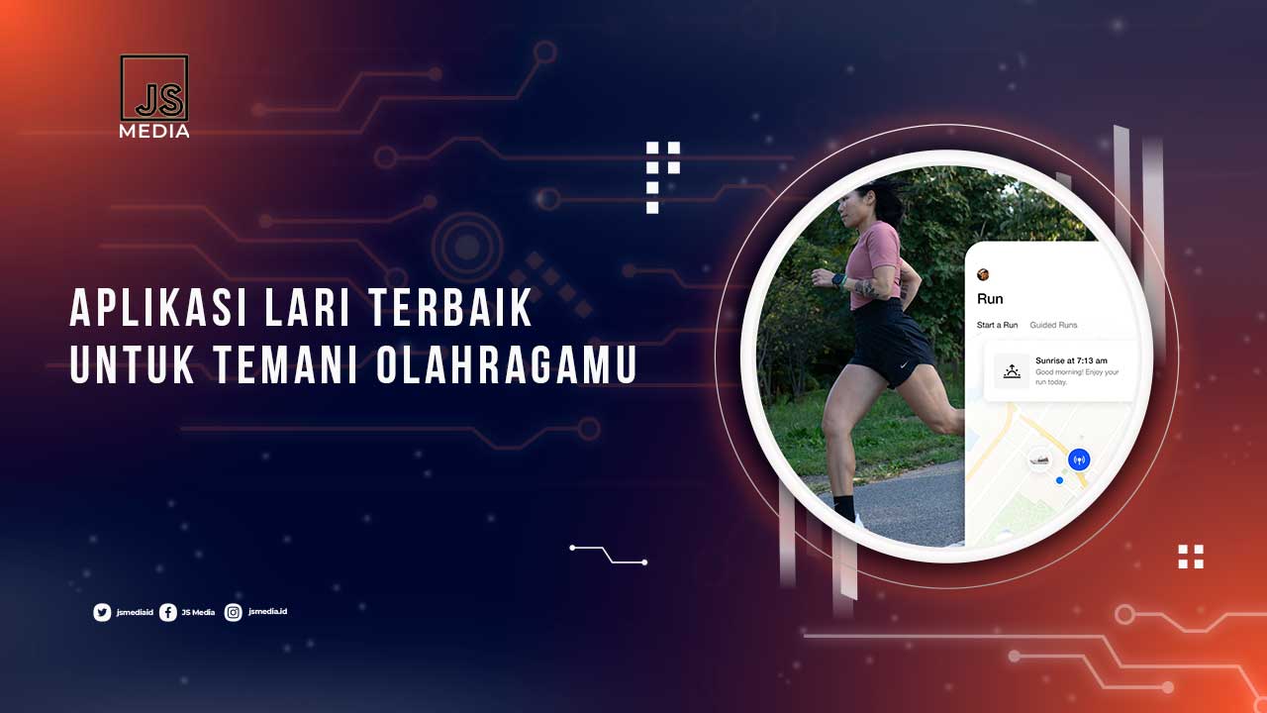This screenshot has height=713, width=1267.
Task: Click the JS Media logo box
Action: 154,88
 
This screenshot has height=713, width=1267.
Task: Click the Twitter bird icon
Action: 102,613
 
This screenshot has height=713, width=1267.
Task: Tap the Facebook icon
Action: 168,613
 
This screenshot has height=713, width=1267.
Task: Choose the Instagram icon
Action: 234,613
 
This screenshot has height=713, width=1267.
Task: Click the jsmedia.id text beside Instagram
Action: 268,612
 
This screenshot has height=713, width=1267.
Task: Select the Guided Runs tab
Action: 1053,325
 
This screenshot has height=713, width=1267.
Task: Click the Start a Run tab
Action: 997,325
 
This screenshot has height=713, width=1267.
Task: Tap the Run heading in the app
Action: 990,299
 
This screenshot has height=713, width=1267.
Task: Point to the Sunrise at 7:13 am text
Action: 1071,360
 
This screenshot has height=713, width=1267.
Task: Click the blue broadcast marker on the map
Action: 1079,458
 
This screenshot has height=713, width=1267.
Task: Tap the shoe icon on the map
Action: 1038,459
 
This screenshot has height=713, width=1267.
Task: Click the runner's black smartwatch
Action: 839,280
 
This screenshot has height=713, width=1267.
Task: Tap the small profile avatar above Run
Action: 983,274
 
